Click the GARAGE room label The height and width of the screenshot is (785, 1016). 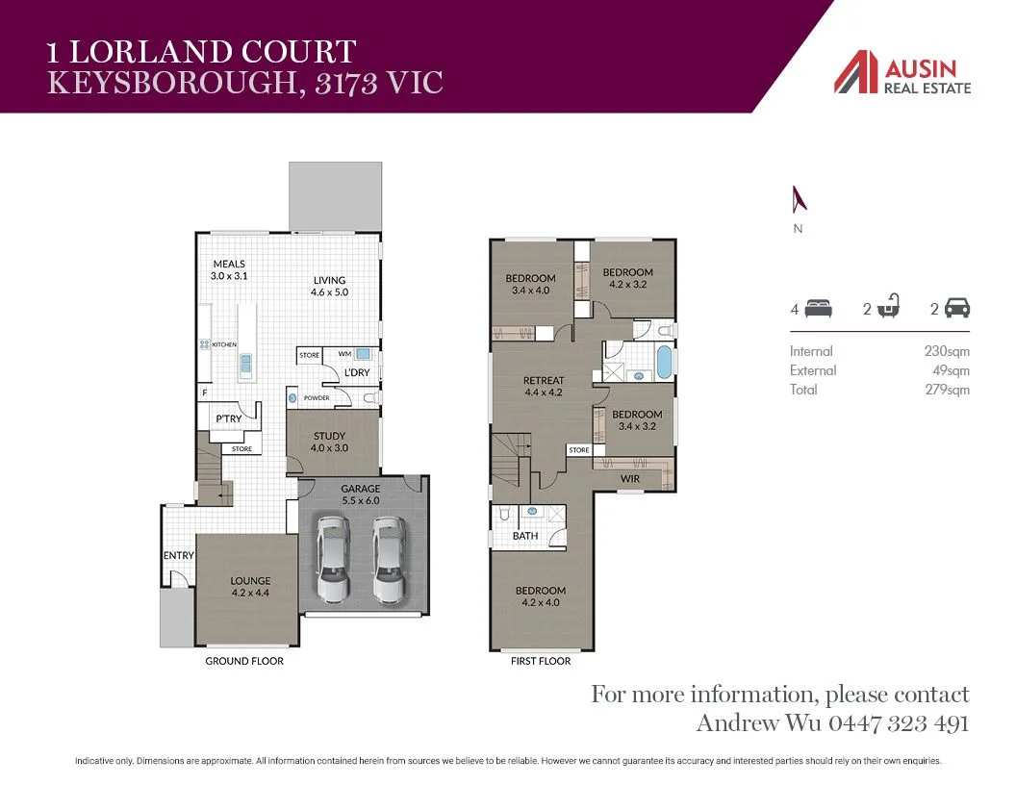tap(360, 489)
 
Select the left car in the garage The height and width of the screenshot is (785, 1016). tap(333, 559)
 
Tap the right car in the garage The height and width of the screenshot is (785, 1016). tap(389, 559)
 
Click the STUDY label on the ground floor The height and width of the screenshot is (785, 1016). tap(329, 436)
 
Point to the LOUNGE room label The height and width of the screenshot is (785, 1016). tap(250, 581)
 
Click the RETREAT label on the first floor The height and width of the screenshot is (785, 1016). tap(544, 380)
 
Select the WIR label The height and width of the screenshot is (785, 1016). tap(630, 478)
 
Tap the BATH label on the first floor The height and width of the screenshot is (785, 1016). tap(525, 536)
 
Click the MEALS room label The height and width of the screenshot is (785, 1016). tap(229, 264)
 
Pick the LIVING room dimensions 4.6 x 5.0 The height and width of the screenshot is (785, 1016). tap(329, 292)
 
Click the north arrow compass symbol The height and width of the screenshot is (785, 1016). tap(798, 199)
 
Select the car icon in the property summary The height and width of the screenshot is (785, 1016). tap(957, 309)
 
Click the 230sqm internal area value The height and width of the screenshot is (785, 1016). tap(947, 351)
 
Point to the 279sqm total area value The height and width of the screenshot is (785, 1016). tap(947, 390)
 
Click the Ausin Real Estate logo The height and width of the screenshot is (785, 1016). tap(902, 73)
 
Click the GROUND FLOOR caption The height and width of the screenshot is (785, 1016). tap(244, 661)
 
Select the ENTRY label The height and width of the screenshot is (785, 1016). tap(179, 556)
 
